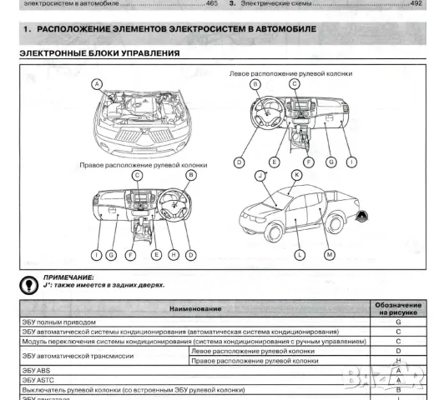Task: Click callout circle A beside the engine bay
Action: coord(98,83)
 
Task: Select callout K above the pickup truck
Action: coord(296,175)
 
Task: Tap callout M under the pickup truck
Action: coord(330,253)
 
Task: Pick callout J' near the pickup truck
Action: coord(260,176)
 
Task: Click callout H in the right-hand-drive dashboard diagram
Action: coord(173,253)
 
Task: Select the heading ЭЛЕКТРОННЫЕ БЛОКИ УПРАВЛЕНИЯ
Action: coord(99,54)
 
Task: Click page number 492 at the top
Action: coord(416,4)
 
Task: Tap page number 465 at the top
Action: coord(212,4)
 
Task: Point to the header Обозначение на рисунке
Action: coord(398,309)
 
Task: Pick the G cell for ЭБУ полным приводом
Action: coord(398,322)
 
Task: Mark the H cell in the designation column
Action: coord(398,361)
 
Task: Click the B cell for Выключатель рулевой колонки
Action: coord(398,389)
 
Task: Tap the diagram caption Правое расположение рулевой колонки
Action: coord(144,166)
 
